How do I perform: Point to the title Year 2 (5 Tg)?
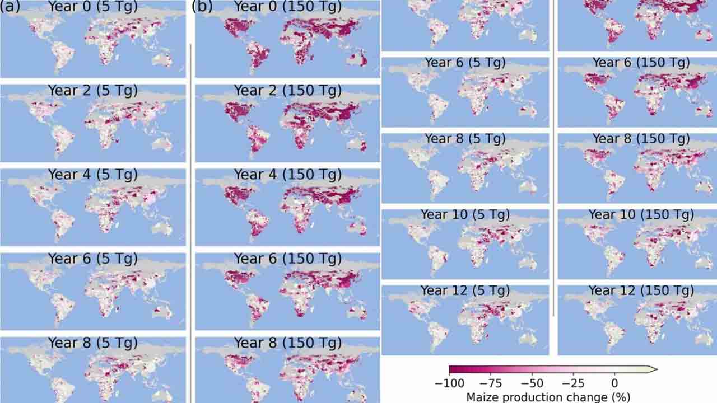pos(92,90)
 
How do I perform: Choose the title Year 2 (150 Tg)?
pos(287,90)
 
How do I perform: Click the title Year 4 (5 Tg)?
pos(92,175)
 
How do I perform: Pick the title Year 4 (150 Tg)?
pos(287,175)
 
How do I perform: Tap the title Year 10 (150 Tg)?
pos(641,214)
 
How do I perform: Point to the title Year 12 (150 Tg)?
pos(641,290)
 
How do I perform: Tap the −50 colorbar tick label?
pos(532,383)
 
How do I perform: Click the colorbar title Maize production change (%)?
pos(548,397)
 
